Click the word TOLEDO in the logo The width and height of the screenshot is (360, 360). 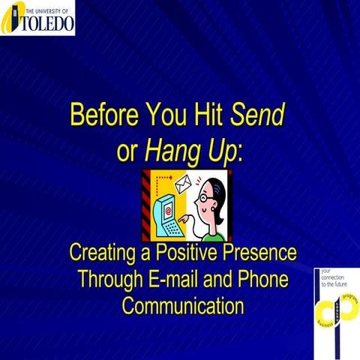[47, 23]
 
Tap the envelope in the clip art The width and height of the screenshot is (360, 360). [184, 184]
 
